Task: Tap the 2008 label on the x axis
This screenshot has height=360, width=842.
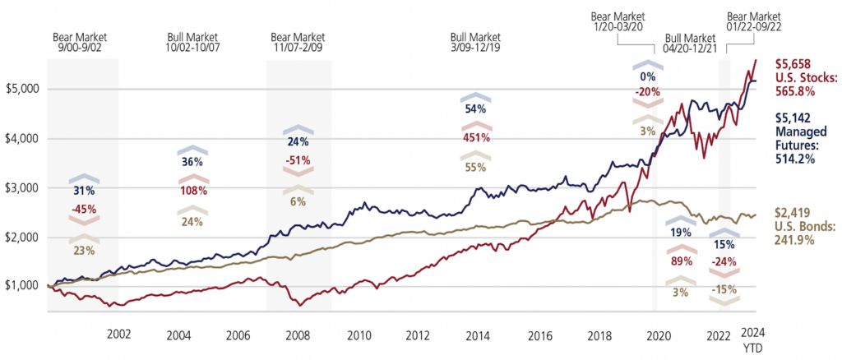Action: [x=298, y=335]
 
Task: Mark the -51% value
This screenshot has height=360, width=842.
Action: [x=298, y=160]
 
